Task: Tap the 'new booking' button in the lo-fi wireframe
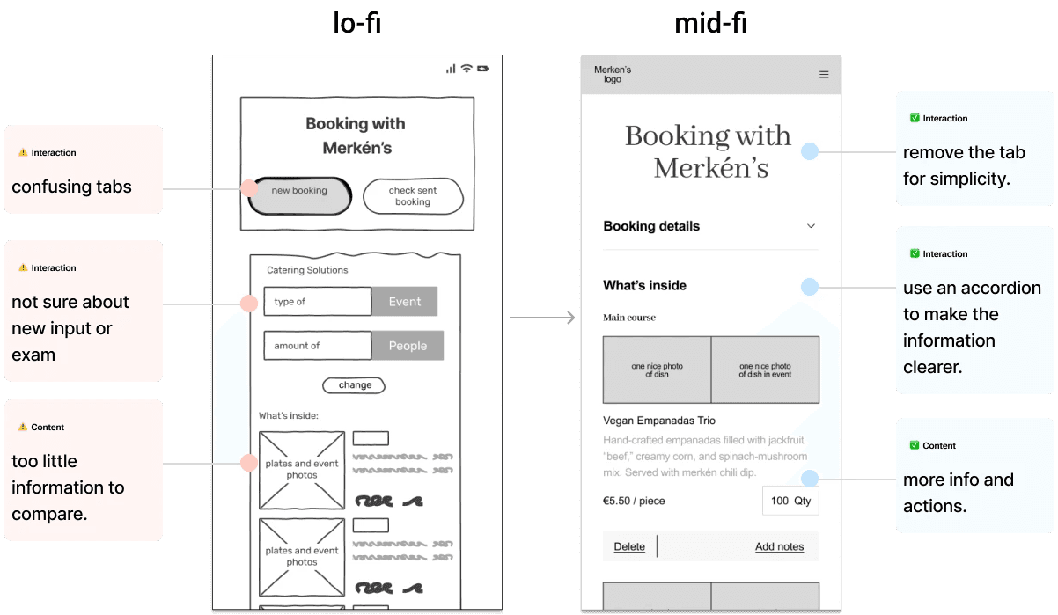[x=300, y=196]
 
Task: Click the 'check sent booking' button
[x=414, y=196]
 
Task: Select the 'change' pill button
[x=354, y=385]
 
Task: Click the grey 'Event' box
[x=404, y=301]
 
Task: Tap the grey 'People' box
[x=408, y=346]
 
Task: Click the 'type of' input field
[x=318, y=301]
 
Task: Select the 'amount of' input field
[x=318, y=346]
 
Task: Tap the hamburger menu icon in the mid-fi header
[x=824, y=75]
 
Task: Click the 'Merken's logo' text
[x=613, y=74]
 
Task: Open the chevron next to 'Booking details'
[x=811, y=226]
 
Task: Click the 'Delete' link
[x=629, y=546]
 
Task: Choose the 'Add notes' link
[x=779, y=546]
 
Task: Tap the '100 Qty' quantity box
[x=790, y=501]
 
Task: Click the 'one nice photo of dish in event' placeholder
[x=765, y=370]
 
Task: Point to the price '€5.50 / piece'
[x=634, y=501]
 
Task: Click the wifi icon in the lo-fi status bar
[x=467, y=69]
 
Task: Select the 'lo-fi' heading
[x=357, y=23]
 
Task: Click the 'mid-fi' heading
[x=711, y=23]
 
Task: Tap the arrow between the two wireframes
[x=542, y=317]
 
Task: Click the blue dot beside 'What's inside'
[x=810, y=287]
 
